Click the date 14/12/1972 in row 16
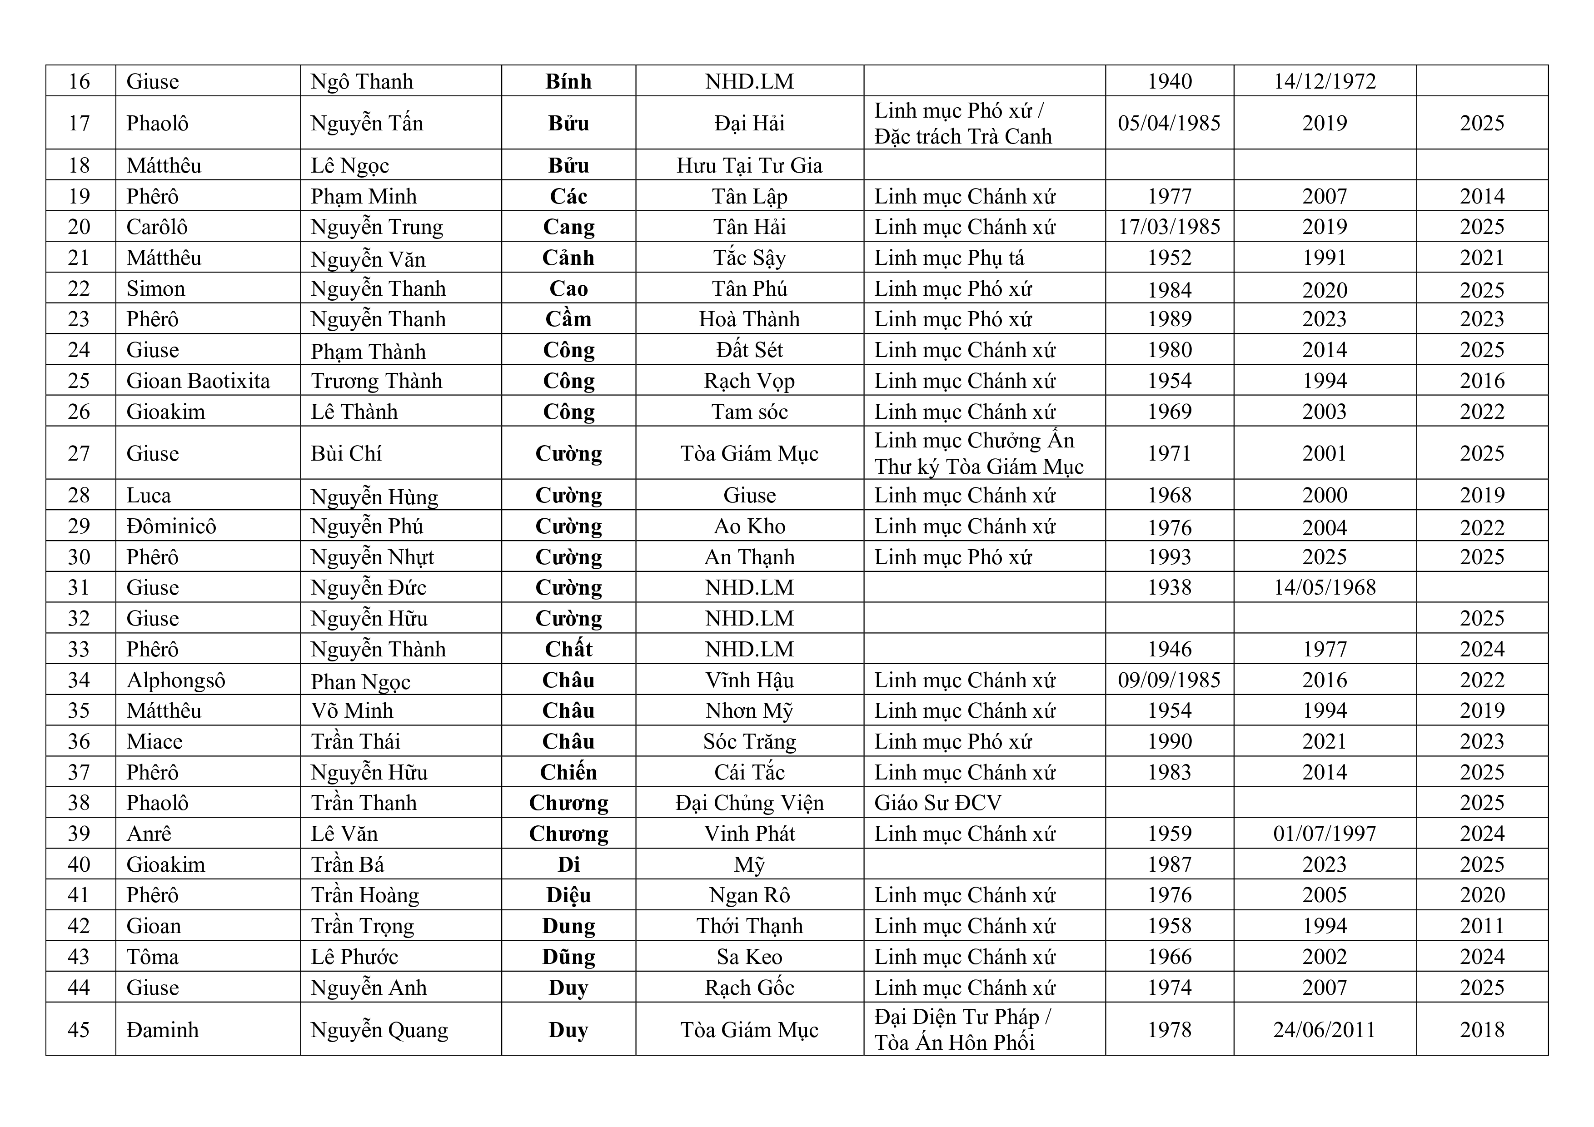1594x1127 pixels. (1324, 81)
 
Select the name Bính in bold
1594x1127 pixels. (568, 81)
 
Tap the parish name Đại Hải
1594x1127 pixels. (749, 123)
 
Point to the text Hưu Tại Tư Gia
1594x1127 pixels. (749, 165)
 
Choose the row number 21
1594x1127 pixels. (79, 258)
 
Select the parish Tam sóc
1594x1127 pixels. (749, 412)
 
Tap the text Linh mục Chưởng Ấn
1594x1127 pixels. (974, 441)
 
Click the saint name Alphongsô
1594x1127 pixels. (176, 680)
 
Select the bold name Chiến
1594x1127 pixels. (568, 772)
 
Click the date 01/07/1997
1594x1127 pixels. (1324, 834)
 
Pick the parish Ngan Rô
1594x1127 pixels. (749, 895)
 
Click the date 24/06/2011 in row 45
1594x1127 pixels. (1324, 1029)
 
